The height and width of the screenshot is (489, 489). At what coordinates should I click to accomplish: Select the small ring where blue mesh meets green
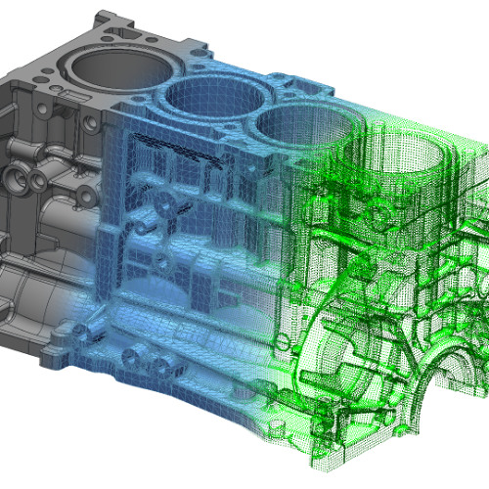284,342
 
